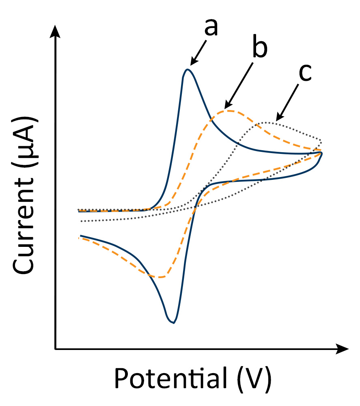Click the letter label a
[x=211, y=27]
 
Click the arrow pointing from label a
[x=199, y=52]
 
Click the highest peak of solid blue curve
[x=187, y=69]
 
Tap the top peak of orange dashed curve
[x=230, y=110]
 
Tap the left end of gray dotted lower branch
[x=82, y=221]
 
